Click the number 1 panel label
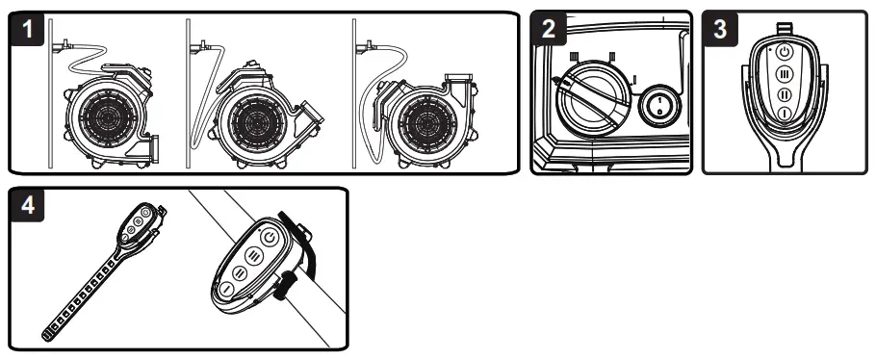(x=27, y=29)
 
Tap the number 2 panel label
(x=549, y=29)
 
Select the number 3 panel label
(x=720, y=29)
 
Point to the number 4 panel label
(x=27, y=205)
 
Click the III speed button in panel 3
(x=785, y=74)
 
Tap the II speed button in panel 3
(x=785, y=94)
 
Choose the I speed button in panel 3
(x=785, y=114)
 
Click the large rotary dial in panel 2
(x=594, y=99)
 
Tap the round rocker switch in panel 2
(x=659, y=107)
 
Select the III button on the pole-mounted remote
(x=254, y=256)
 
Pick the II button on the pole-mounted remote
(x=240, y=272)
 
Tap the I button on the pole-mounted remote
(x=226, y=289)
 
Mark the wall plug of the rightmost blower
(x=365, y=46)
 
